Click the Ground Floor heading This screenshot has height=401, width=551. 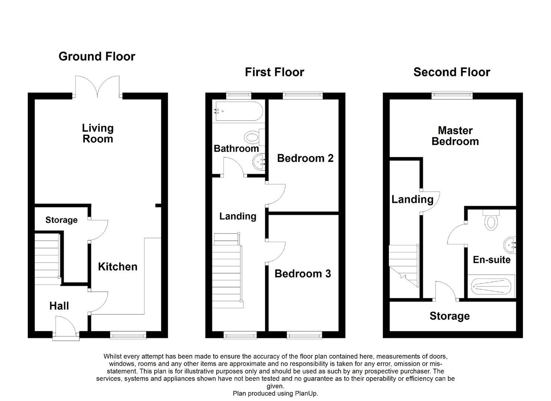(x=97, y=56)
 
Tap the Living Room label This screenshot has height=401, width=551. (x=98, y=133)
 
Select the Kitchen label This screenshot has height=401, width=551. (x=118, y=267)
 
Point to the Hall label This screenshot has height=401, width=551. (x=59, y=306)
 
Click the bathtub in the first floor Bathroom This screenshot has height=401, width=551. (x=239, y=111)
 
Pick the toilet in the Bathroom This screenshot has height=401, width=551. (x=254, y=137)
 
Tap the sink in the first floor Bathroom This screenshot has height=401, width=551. (x=259, y=162)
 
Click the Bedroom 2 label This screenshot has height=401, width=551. (x=305, y=158)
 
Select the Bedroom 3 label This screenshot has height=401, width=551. (x=302, y=274)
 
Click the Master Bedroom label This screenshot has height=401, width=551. (x=455, y=136)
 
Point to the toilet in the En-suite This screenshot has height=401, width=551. (x=491, y=220)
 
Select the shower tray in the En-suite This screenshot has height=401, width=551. (x=491, y=287)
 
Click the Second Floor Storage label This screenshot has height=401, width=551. (x=450, y=316)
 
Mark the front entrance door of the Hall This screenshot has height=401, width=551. (x=66, y=327)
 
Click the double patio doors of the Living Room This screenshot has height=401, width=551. (x=98, y=87)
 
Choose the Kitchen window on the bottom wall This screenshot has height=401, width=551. (x=128, y=335)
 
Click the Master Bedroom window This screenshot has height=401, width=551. (x=452, y=95)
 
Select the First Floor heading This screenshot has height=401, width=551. (x=275, y=72)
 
